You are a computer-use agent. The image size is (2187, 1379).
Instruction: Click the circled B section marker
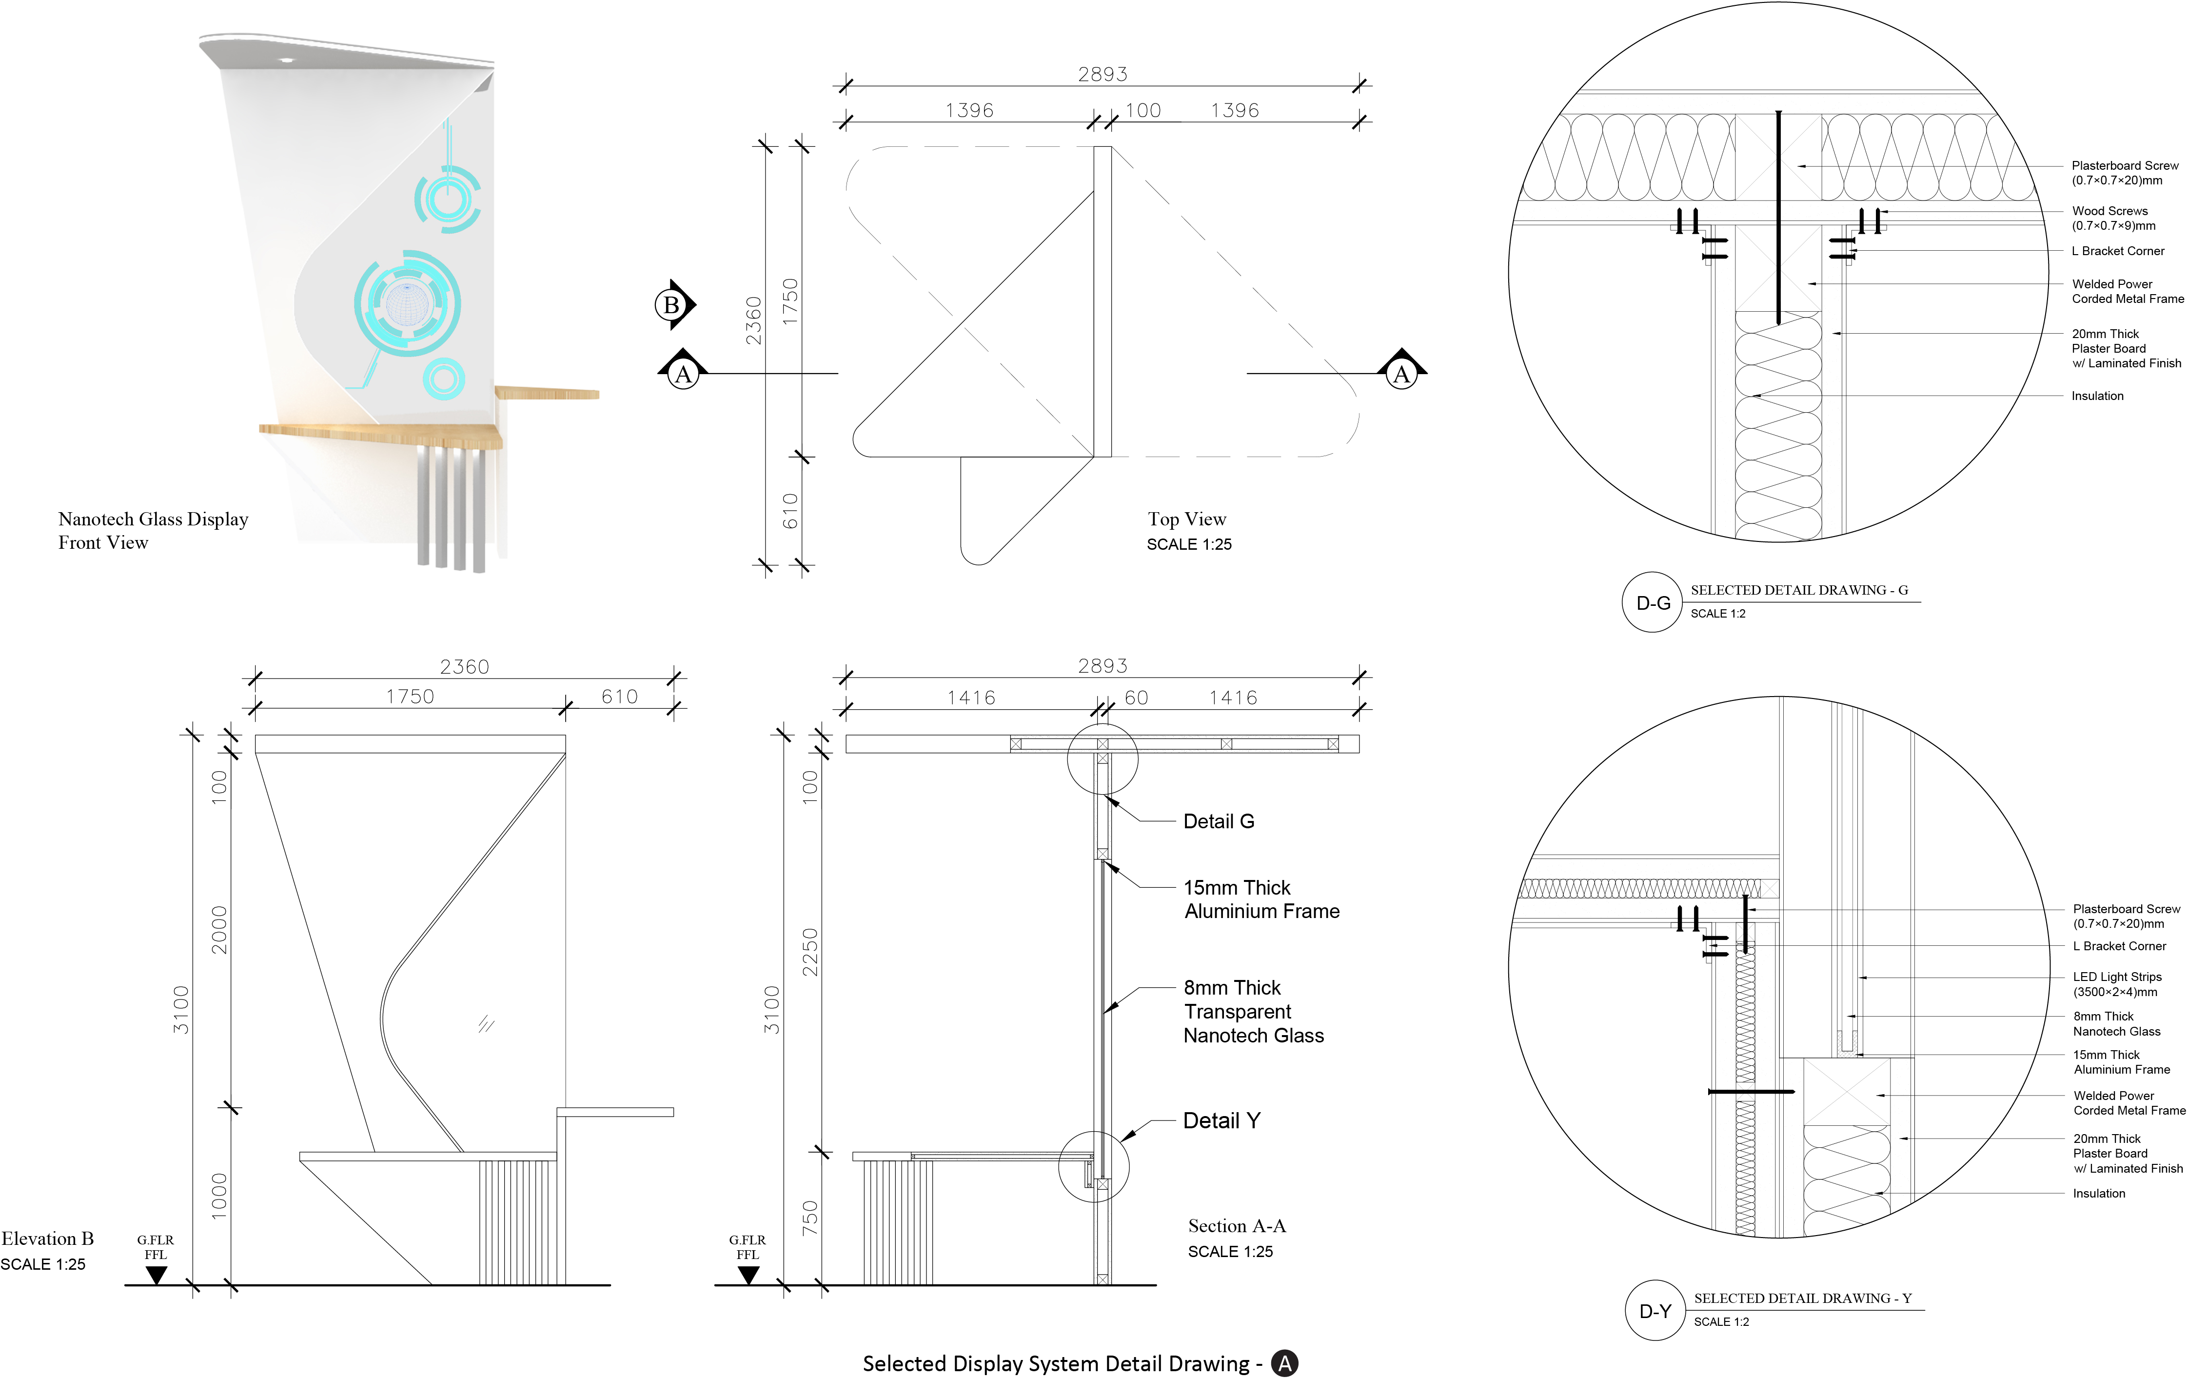pos(671,305)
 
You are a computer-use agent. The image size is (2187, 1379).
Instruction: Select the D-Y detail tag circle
pos(1655,1311)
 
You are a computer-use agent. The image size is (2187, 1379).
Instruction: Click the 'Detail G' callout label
pos(1219,821)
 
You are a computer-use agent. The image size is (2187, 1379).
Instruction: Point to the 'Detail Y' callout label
pos(1222,1120)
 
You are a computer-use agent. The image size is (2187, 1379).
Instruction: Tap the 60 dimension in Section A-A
pos(1136,698)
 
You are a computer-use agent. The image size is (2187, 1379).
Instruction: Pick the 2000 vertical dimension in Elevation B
pos(219,929)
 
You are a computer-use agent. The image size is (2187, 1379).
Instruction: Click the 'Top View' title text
pos(1186,519)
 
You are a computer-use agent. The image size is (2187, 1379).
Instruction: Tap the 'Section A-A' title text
pos(1236,1225)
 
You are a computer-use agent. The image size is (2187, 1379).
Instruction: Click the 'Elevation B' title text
pos(47,1238)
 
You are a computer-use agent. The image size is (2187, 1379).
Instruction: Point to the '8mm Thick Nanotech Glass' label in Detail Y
pos(2116,1024)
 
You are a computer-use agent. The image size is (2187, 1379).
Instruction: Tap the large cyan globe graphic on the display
pos(407,302)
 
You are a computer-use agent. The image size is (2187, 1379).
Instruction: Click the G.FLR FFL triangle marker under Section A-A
pos(749,1275)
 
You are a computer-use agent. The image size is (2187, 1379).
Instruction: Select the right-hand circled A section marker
pos(1401,373)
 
